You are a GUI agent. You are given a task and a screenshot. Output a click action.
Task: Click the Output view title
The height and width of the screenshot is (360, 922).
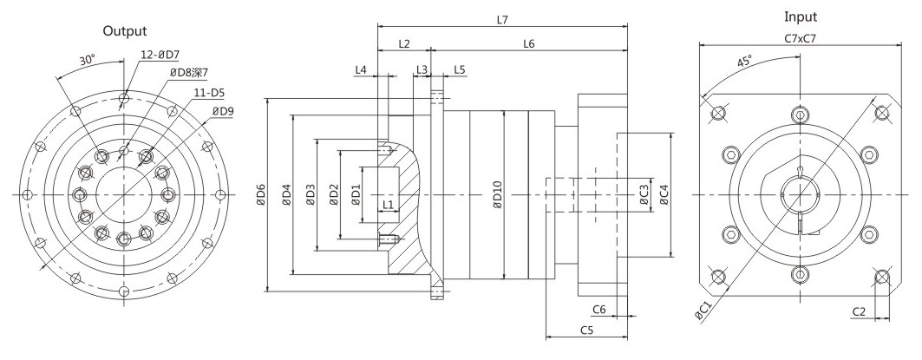(125, 30)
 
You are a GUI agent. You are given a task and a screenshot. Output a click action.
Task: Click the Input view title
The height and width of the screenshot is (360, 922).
(801, 17)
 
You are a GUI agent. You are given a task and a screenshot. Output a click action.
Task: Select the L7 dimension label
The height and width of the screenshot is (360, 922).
(501, 19)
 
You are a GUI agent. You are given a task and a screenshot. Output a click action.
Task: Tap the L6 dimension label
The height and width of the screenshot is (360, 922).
(528, 43)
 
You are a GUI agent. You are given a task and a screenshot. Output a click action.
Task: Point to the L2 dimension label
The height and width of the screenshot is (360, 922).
(404, 43)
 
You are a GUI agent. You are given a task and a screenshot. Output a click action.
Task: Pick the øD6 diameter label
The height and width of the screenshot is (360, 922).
(261, 195)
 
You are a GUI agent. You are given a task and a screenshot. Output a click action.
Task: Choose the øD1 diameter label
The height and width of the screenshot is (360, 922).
(356, 195)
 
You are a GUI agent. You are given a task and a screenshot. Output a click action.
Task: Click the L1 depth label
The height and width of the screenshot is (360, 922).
(387, 204)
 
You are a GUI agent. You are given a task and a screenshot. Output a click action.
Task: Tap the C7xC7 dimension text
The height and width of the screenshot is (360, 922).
(800, 38)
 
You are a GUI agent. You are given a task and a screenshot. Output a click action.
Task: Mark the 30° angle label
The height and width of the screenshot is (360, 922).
(87, 59)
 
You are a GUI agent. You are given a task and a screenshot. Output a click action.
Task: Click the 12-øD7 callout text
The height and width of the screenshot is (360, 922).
(160, 55)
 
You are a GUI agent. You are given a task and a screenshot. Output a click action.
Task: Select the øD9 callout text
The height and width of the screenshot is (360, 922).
(224, 110)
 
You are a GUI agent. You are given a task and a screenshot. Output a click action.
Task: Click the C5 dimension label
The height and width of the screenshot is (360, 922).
(586, 330)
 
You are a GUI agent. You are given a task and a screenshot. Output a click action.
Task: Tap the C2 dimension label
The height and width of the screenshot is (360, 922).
(859, 311)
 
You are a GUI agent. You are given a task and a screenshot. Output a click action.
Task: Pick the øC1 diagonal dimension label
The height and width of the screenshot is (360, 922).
(703, 310)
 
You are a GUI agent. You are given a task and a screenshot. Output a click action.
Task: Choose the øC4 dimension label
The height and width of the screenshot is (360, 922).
(664, 195)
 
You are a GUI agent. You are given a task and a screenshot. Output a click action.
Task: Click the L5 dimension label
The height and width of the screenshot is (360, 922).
(460, 69)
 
